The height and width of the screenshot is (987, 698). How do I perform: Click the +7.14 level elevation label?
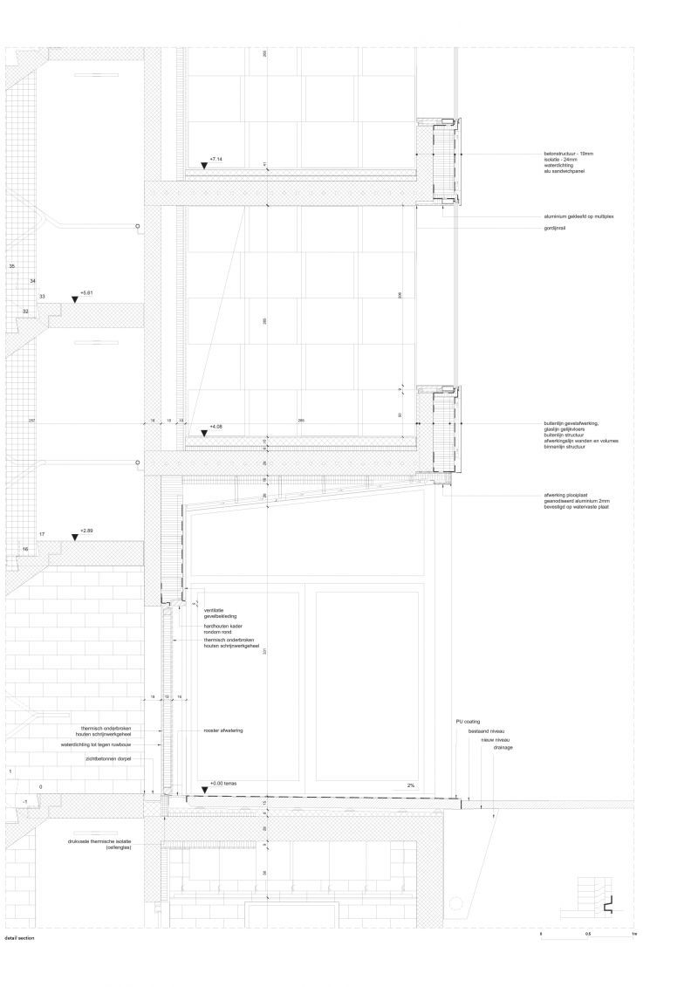click(x=216, y=160)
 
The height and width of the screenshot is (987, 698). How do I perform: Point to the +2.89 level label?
click(x=86, y=531)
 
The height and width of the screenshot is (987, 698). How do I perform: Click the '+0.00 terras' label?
click(x=224, y=784)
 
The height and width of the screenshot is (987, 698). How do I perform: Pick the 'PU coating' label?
click(x=468, y=723)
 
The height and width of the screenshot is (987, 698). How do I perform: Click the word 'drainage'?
click(x=503, y=748)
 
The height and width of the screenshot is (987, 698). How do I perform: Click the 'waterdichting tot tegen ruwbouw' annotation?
click(x=108, y=745)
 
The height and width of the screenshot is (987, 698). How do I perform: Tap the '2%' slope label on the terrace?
click(x=410, y=785)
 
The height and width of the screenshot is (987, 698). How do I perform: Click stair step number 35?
click(x=12, y=265)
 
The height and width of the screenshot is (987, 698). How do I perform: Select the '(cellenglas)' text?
click(x=118, y=848)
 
